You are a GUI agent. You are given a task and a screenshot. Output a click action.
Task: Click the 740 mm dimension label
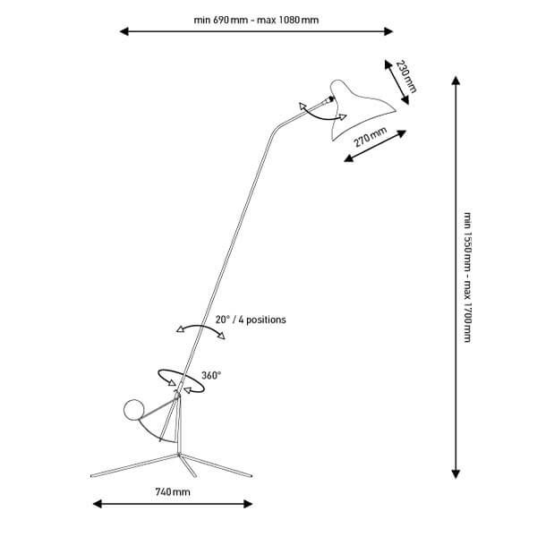coord(173,492)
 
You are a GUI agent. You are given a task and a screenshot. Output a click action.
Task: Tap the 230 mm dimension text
coord(406,77)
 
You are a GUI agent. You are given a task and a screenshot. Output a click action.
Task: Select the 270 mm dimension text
coord(370,137)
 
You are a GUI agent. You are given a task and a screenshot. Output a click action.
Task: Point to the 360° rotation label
coord(211,375)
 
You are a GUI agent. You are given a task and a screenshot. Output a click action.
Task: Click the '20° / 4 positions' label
coord(251,320)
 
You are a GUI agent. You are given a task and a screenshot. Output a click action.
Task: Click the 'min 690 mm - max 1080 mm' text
coord(256,20)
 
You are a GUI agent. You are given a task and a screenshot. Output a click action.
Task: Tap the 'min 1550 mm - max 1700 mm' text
coord(467,277)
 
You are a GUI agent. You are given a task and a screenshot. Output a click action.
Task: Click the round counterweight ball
coord(134,410)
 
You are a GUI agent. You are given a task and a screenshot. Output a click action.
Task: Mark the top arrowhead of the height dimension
coord(456,81)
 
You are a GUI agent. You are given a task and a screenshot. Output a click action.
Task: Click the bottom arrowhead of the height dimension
coord(456,473)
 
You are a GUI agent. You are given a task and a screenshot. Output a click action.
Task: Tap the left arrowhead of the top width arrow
coord(124,31)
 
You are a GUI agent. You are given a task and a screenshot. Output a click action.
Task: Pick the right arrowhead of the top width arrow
coord(388,31)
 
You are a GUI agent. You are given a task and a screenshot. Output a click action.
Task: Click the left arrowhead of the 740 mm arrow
coord(98,504)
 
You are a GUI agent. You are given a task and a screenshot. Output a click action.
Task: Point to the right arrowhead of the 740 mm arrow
coord(248,504)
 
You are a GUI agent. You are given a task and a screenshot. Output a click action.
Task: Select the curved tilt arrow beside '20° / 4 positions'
coord(200,326)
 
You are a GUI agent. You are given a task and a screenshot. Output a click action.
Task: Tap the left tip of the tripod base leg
coord(92,476)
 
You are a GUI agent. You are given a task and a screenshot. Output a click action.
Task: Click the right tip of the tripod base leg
coord(251,476)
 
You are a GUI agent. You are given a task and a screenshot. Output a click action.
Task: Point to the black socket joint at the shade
coord(331,99)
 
